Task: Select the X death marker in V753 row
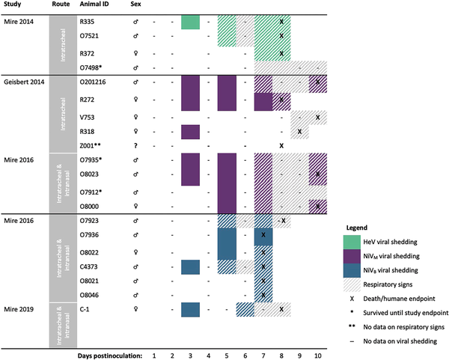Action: point(317,118)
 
